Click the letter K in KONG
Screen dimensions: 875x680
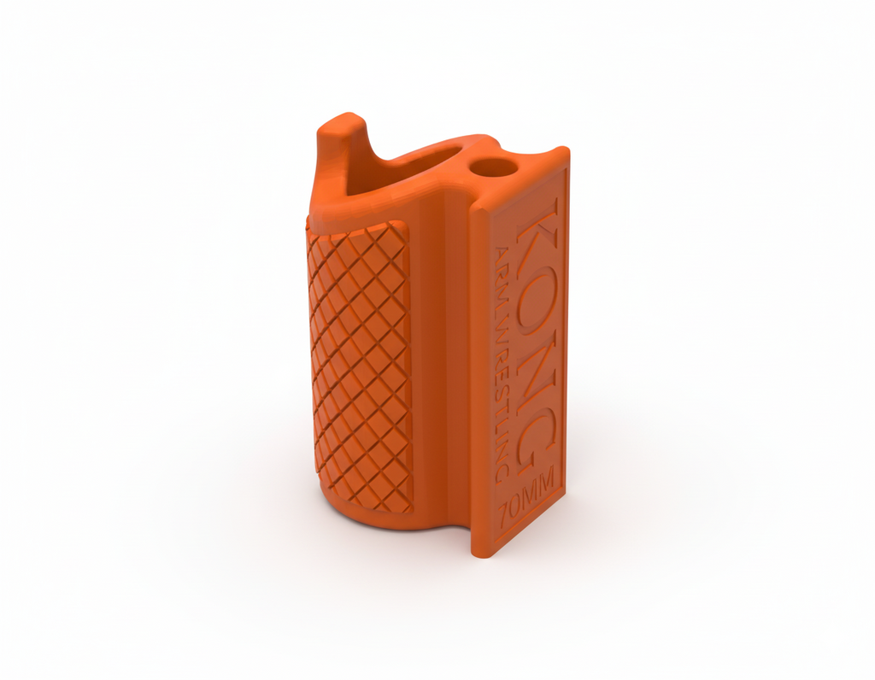(537, 226)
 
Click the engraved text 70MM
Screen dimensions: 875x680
(528, 495)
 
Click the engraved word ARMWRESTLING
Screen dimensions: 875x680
(502, 361)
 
